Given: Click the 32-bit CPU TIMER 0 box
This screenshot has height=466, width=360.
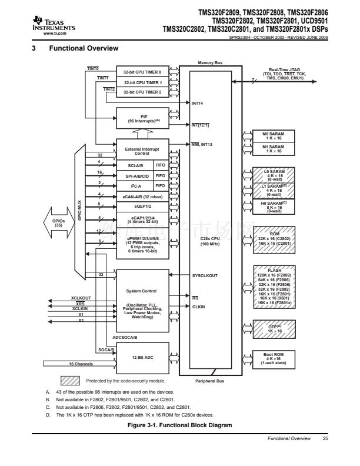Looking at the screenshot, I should coord(142,72).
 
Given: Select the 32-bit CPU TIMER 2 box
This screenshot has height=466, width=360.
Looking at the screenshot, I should coord(142,92).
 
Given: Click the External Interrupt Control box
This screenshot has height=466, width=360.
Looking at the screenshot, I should coord(142,151).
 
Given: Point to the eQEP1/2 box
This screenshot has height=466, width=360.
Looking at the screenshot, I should coord(142,205).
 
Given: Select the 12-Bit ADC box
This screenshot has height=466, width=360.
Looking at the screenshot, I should coord(142,357).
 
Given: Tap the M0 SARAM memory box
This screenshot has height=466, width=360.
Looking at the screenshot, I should coord(273,136).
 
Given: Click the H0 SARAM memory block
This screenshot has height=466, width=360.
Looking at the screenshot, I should coord(273,206).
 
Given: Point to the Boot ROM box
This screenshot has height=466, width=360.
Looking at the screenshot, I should coord(273,359).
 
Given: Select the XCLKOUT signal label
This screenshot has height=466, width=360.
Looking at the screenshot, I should coord(81,298).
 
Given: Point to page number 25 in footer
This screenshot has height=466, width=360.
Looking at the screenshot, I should coord(325,438).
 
